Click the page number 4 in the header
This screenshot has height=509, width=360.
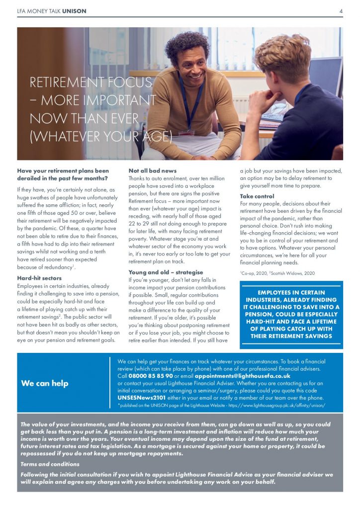click(x=341, y=11)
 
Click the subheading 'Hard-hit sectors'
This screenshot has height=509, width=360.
click(x=40, y=278)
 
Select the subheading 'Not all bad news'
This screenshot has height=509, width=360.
click(x=153, y=171)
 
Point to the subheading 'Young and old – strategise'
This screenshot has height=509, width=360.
click(x=166, y=272)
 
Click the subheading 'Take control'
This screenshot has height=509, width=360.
click(x=257, y=196)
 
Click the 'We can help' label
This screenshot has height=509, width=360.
click(x=45, y=383)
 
